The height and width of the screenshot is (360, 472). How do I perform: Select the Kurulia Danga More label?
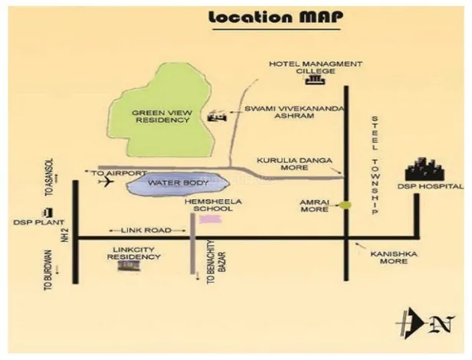(293, 163)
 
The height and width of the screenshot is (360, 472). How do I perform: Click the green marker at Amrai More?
(346, 205)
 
